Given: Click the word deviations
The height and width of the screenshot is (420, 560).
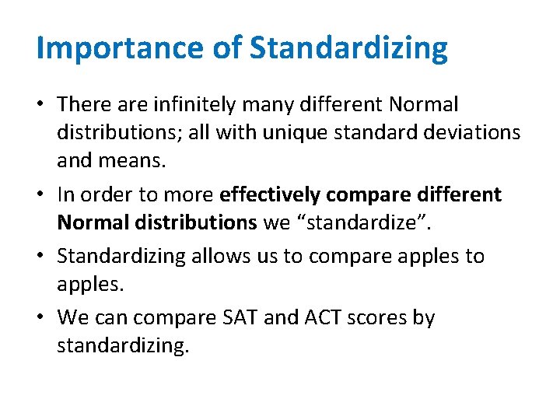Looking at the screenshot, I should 478,134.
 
